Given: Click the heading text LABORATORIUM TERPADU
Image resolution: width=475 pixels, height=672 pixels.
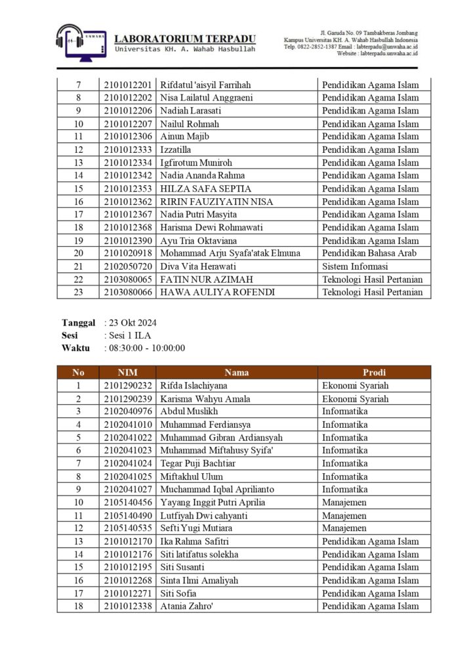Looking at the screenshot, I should (185, 39).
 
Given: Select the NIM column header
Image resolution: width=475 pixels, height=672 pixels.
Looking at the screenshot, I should (127, 372).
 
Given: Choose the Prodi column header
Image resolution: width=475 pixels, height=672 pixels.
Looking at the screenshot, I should (374, 372).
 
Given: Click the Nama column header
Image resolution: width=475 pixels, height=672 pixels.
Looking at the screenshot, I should (236, 372).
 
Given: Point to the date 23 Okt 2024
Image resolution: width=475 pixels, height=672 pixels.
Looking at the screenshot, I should (132, 323).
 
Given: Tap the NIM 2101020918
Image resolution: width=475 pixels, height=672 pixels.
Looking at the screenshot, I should (127, 253).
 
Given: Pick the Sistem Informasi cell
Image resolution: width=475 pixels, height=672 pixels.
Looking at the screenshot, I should (354, 266).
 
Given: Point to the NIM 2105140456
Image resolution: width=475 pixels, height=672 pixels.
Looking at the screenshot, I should (127, 502).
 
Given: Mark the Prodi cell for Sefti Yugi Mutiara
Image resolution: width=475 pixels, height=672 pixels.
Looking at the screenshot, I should (344, 528).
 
